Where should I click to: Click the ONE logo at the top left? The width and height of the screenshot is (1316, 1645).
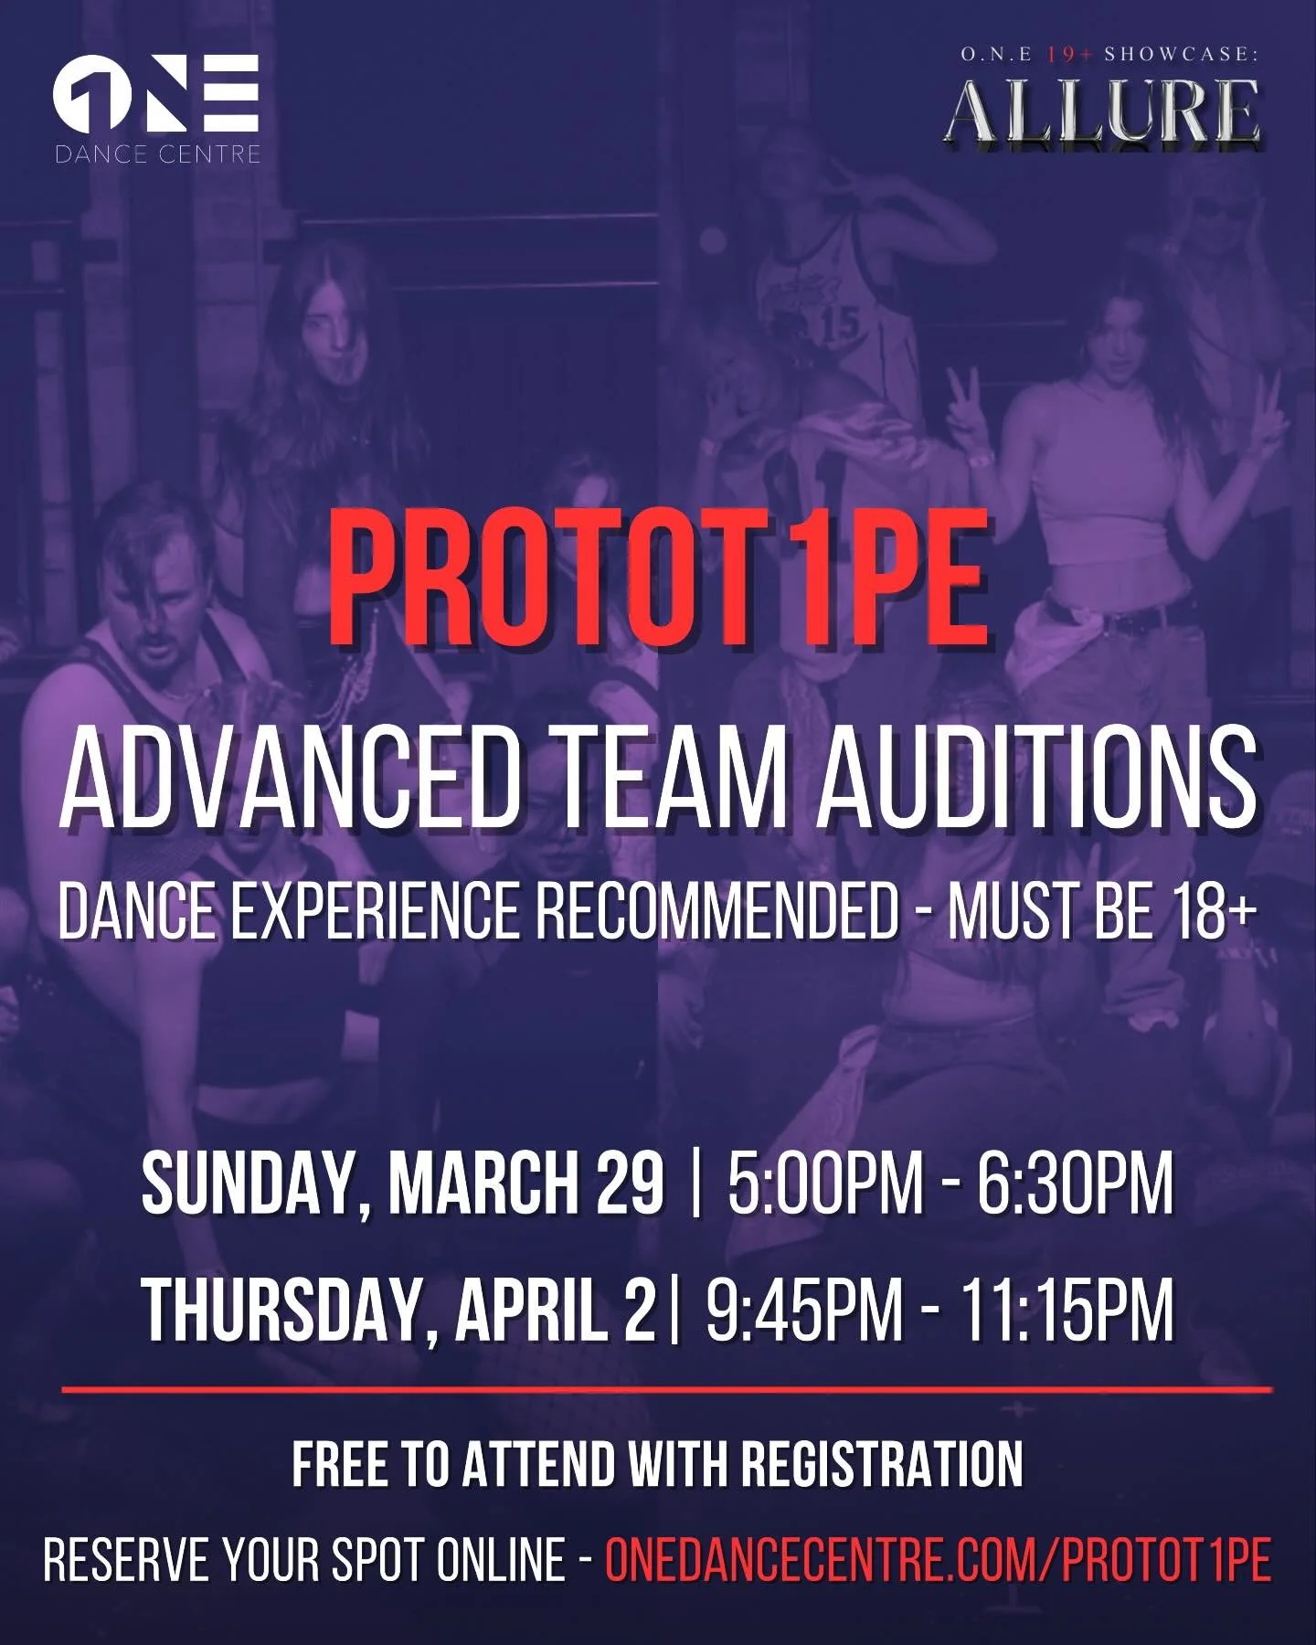(156, 93)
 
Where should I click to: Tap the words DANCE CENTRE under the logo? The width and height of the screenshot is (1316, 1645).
(157, 154)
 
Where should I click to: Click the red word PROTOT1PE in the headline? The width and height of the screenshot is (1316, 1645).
(658, 578)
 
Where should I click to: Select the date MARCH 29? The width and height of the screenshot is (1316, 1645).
(525, 1183)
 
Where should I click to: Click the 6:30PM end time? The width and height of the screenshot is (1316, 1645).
(1075, 1183)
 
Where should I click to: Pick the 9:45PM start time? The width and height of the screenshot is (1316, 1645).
(804, 1310)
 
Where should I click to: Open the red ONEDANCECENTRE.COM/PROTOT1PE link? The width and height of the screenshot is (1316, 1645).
(938, 1558)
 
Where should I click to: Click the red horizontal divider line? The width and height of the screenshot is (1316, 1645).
(667, 1391)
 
